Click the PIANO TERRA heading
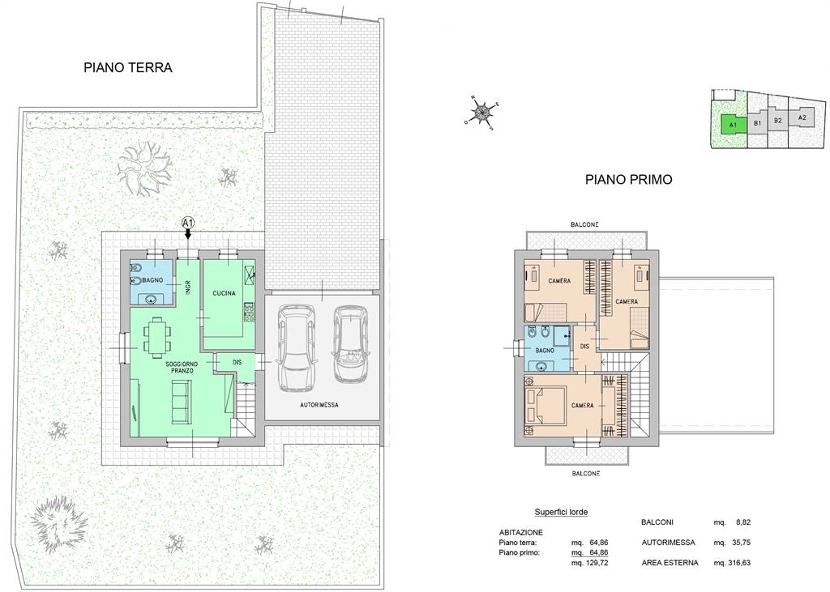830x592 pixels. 128,68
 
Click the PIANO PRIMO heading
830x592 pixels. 628,179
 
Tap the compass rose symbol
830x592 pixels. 481,112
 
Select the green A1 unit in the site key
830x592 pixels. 733,126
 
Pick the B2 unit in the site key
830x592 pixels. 777,121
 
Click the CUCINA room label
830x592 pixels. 224,293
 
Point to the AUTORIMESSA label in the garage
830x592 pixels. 319,405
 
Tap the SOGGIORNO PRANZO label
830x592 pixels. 182,367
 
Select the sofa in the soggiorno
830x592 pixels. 181,402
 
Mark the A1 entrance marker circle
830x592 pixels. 188,223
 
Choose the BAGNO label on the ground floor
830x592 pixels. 152,280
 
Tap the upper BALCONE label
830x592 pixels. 585,224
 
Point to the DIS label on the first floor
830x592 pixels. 584,347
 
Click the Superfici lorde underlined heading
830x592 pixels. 561,512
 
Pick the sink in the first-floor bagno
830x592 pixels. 541,365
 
